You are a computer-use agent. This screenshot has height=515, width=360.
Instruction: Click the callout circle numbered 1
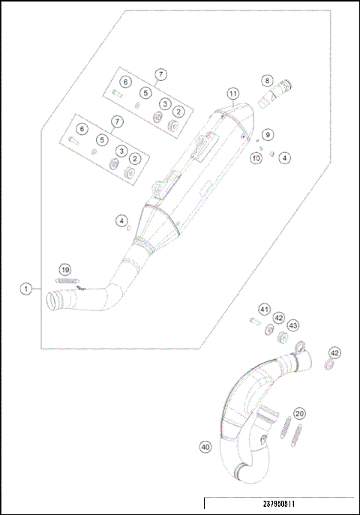26,288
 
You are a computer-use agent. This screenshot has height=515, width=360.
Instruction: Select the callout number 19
65,270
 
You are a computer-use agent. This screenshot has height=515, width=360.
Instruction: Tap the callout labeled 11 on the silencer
233,94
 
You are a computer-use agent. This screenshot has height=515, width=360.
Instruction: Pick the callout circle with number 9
268,134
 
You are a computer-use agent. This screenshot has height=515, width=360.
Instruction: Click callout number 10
256,157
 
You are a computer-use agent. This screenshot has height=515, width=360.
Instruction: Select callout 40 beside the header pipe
205,447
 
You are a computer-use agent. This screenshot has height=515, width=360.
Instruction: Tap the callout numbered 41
264,309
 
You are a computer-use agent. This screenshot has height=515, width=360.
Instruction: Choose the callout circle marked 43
293,325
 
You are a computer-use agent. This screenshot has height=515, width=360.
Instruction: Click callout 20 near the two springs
299,413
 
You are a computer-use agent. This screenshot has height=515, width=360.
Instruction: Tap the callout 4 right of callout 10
284,157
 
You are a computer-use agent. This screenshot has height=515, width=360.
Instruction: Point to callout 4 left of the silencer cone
121,220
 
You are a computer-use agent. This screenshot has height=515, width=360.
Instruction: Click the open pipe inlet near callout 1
54,300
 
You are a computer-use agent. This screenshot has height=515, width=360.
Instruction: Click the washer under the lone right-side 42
328,365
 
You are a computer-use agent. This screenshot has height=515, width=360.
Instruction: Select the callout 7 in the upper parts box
160,74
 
